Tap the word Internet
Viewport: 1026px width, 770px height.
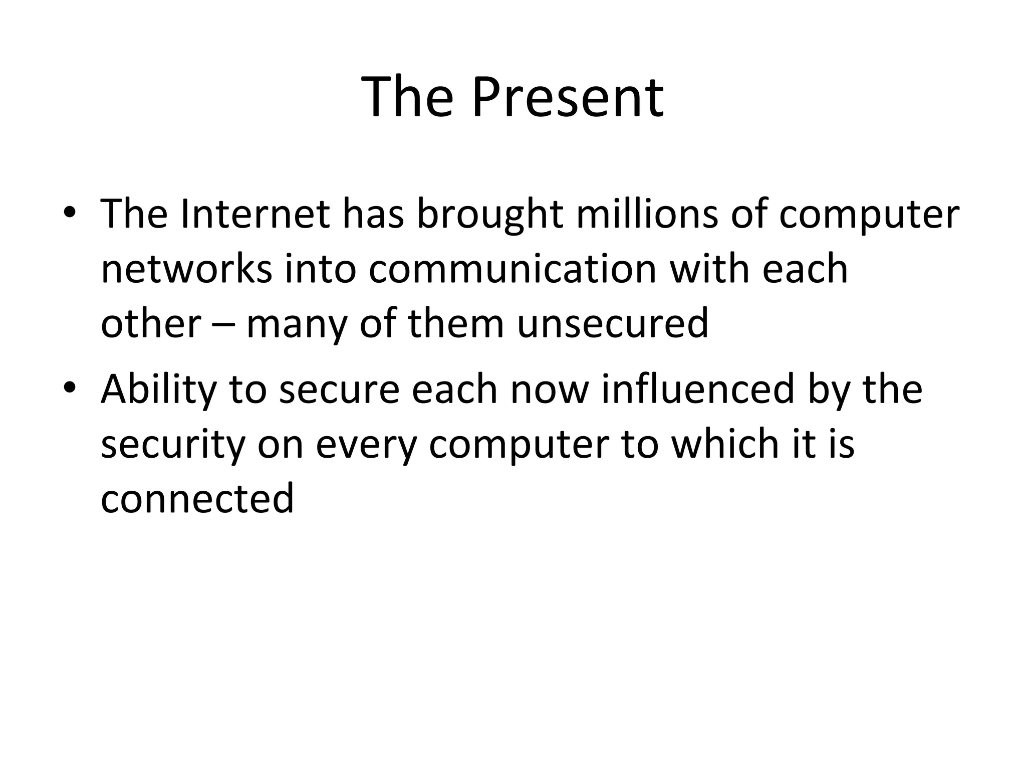[255, 214]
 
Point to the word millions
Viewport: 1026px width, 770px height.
[647, 214]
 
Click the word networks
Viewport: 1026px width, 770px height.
[186, 269]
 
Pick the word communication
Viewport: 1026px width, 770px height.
[512, 269]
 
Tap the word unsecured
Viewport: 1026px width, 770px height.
[612, 323]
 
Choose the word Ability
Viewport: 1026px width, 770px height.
[159, 390]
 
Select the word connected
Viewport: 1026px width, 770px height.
[197, 498]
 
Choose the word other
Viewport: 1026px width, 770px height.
[151, 323]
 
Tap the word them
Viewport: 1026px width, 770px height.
[456, 323]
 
